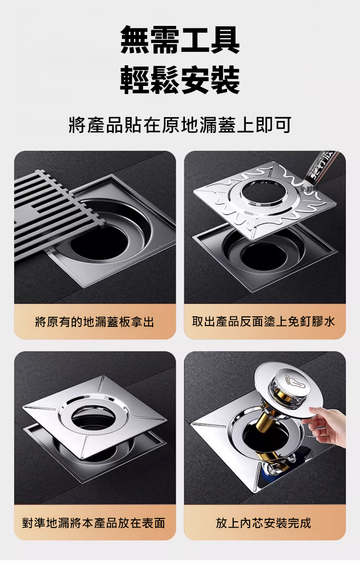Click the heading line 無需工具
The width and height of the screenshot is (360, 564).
(180, 40)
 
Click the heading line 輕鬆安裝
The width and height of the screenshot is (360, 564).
(180, 80)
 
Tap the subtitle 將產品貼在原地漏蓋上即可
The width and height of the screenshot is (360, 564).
(180, 125)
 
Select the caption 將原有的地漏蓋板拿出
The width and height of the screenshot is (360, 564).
(95, 322)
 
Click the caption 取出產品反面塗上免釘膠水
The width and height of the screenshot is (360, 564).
(264, 322)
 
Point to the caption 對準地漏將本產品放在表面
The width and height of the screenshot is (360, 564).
(95, 522)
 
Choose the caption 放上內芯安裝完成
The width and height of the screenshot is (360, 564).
(264, 522)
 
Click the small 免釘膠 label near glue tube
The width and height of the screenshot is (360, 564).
(308, 189)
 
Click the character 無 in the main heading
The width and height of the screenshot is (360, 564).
(135, 40)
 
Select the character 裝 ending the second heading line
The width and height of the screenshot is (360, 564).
(225, 80)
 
